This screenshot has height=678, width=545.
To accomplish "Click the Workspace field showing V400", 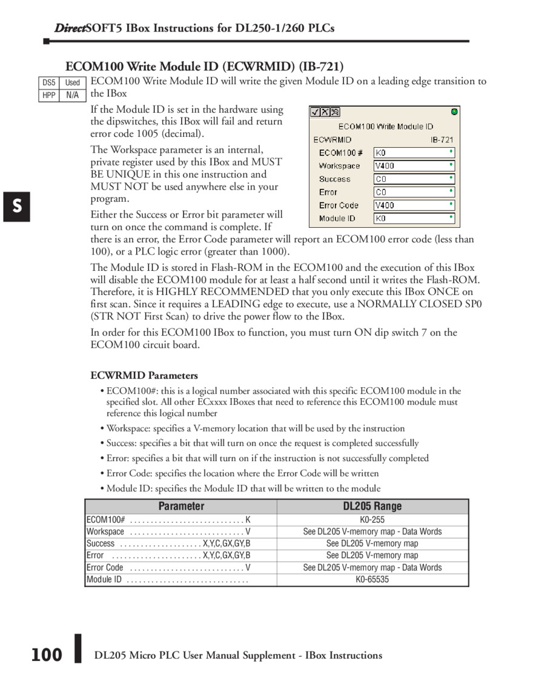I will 414,165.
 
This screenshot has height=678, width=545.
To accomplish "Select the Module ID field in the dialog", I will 414,218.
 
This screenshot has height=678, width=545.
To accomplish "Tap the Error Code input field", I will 414,205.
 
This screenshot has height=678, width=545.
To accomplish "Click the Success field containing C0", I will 414,179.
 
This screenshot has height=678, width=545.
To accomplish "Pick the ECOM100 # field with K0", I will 414,153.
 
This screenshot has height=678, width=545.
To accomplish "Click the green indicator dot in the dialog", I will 454,111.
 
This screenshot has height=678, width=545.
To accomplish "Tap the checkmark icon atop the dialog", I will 315,112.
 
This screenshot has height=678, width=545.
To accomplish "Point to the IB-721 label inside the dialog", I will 442,139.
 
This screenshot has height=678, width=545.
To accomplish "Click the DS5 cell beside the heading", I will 48,82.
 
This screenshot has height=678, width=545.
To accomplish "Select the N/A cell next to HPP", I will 73,95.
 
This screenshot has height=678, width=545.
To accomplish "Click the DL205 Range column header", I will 372,507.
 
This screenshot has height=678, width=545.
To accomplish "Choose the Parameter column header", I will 181,507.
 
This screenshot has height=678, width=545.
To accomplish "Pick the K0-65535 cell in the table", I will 372,580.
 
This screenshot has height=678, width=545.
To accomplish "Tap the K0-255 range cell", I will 372,520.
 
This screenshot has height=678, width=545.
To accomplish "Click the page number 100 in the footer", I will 47,655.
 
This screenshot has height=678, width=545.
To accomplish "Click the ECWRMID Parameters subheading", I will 144,376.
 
